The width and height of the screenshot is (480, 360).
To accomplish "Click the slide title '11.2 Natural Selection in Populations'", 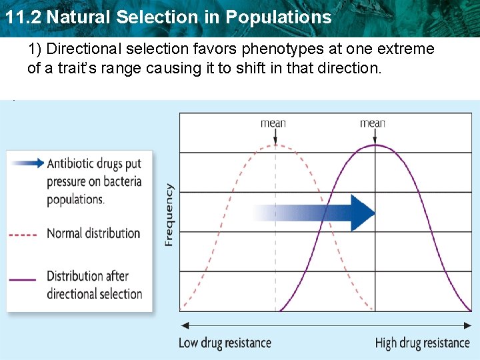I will pyautogui.click(x=168, y=17).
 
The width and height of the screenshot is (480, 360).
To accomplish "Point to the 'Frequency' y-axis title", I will pyautogui.click(x=169, y=215).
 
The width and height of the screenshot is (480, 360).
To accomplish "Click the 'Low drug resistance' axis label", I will pyautogui.click(x=225, y=343).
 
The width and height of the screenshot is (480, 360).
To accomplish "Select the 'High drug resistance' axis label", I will pyautogui.click(x=422, y=343).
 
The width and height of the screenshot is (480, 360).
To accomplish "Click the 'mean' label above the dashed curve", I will pyautogui.click(x=273, y=123).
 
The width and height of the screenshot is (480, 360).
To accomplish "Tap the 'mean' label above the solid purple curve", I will pyautogui.click(x=372, y=123).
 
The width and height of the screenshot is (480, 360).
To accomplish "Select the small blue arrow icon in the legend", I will pyautogui.click(x=27, y=163).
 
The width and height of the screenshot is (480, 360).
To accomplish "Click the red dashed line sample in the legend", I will pyautogui.click(x=23, y=235).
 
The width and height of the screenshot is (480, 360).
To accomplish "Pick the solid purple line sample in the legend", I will pyautogui.click(x=23, y=280).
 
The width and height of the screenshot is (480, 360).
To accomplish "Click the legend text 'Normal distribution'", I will pyautogui.click(x=93, y=234).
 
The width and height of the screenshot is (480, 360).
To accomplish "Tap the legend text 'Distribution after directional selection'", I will pyautogui.click(x=94, y=285).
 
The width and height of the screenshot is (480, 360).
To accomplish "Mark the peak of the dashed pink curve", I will pyautogui.click(x=275, y=145).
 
